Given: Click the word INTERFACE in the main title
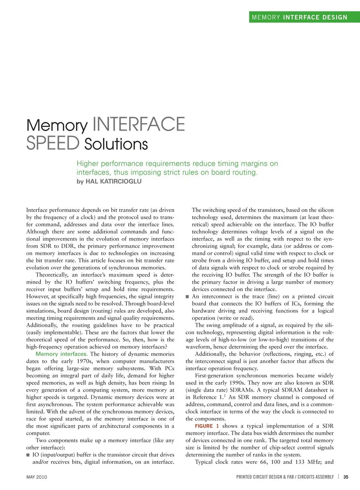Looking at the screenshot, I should pos(138,124).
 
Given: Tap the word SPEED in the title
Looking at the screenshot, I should pos(53,143).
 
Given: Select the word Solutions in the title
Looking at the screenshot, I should pos(116,144).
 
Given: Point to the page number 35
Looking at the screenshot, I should pos(346,477).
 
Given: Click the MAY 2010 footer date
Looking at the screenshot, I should pos(37,477).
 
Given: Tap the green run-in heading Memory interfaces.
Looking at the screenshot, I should pos(61,354).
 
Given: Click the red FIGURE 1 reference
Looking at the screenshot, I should pos(207,426).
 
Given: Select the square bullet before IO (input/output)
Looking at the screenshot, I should pos(28,455).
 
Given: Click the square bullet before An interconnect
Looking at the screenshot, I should pos(187,297).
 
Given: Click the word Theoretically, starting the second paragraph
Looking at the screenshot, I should pos(51,275).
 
